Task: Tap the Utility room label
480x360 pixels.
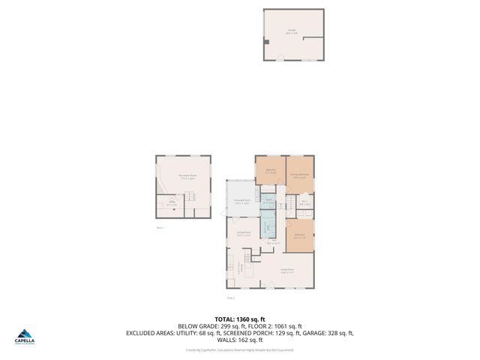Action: [x=172, y=202]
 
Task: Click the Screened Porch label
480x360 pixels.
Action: [x=242, y=202]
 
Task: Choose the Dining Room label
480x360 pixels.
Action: [x=243, y=234]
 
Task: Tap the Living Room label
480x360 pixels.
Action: [x=286, y=271]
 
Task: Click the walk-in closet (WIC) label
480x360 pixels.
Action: [x=304, y=202]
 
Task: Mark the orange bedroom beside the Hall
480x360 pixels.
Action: [x=300, y=235]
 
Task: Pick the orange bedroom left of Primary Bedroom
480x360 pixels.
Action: [x=270, y=170]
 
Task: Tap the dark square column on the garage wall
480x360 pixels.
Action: [x=265, y=38]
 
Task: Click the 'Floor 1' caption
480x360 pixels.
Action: [x=160, y=226]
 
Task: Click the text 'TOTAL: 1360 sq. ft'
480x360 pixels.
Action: [x=239, y=319]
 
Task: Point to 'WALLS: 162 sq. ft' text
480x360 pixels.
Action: [x=239, y=339]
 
